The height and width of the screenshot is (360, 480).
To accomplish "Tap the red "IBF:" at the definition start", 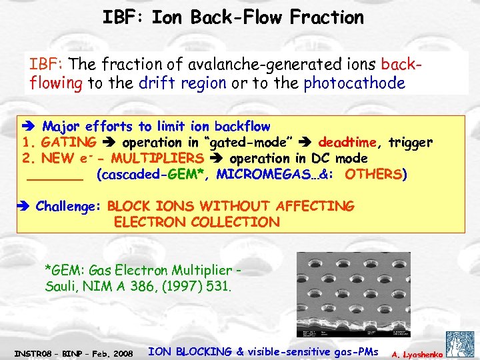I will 46,65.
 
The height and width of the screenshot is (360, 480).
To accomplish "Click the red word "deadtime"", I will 346,142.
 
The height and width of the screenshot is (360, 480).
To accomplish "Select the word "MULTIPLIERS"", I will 157,158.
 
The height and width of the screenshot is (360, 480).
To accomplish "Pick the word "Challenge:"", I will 67,206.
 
